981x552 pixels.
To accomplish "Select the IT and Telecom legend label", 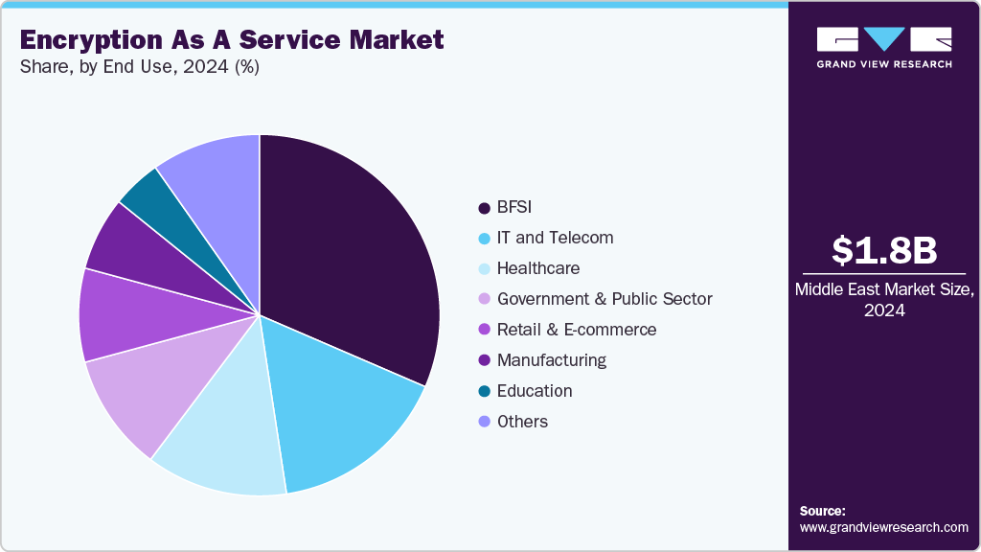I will pyautogui.click(x=555, y=238).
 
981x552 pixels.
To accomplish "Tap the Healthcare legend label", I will pyautogui.click(x=537, y=268).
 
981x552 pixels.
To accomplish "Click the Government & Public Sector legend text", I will pyautogui.click(x=605, y=299).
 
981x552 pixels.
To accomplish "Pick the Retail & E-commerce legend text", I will pyautogui.click(x=577, y=330).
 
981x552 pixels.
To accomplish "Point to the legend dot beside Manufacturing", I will pyautogui.click(x=484, y=361).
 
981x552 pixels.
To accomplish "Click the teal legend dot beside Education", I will pyautogui.click(x=484, y=392).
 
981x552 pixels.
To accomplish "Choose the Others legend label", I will pyautogui.click(x=522, y=422).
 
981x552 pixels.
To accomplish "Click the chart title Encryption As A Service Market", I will pyautogui.click(x=231, y=39).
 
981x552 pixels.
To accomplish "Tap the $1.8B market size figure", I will pyautogui.click(x=883, y=250).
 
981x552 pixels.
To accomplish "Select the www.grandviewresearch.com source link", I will pyautogui.click(x=883, y=527).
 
